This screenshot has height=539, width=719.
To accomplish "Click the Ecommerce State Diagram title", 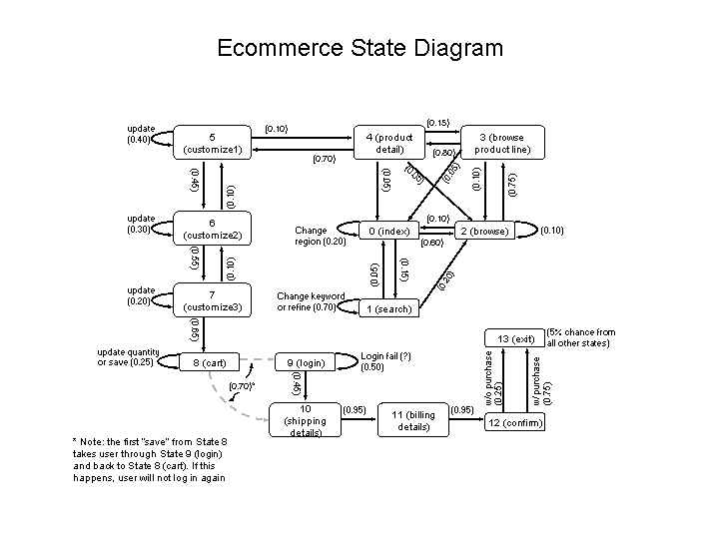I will (359, 48).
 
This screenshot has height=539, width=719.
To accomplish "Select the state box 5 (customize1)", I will (214, 143).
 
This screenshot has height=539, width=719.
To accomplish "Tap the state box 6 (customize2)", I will (214, 229).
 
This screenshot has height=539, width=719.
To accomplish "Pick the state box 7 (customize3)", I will (214, 299).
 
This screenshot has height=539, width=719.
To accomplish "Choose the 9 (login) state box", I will (307, 362).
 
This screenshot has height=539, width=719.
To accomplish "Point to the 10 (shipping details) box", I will (307, 420).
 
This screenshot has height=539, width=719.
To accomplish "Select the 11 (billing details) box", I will (413, 420).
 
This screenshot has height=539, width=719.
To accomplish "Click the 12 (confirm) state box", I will (514, 422).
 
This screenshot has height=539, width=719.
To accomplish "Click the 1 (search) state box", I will (388, 309).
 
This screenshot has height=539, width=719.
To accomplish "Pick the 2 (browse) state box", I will (484, 232).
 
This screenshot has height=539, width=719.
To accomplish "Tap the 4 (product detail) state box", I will (388, 143).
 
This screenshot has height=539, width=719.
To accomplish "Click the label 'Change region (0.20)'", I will (321, 236).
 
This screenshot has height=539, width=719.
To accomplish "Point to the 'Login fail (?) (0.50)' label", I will (385, 361).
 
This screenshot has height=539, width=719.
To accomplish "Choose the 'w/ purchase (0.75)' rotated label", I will (541, 379).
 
